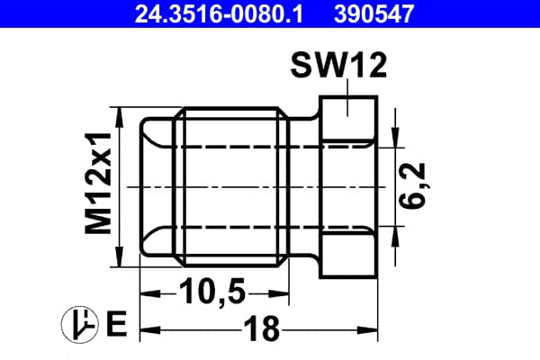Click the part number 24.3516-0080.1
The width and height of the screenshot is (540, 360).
(x=219, y=13)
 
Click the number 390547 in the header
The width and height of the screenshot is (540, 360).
(x=374, y=13)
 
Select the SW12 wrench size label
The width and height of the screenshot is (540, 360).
(x=338, y=66)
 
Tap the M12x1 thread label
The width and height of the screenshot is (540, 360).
(x=99, y=183)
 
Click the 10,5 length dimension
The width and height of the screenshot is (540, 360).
(x=211, y=291)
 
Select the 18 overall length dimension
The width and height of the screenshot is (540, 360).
(x=262, y=328)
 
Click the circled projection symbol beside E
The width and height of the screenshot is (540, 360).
(x=79, y=324)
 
